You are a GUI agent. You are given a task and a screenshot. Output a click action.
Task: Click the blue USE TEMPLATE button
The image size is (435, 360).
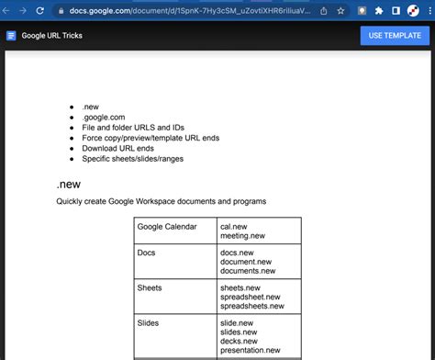395,36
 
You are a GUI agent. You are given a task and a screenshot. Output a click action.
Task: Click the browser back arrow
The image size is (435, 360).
7,11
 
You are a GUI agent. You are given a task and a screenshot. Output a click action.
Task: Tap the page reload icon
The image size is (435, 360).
41,11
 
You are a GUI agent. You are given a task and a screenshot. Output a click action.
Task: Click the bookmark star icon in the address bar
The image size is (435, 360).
341,11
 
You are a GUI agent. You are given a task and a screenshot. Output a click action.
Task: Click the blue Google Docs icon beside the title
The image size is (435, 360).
11,36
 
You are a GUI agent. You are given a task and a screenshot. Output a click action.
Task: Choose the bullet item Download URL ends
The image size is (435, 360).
117,148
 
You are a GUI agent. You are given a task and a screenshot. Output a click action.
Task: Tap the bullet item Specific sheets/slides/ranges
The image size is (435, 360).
134,158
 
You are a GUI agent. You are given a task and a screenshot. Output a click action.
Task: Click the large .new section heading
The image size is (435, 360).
68,184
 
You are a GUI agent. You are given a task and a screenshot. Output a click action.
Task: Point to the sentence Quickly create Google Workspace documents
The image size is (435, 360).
161,201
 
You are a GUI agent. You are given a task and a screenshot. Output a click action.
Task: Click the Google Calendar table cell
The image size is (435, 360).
167,226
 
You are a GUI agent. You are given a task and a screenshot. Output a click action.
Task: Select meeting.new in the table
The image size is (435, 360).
242,236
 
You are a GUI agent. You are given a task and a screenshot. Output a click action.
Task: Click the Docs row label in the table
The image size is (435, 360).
146,252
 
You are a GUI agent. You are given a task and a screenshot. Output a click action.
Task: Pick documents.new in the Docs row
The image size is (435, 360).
247,271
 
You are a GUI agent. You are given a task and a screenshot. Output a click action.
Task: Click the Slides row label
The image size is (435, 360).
149,322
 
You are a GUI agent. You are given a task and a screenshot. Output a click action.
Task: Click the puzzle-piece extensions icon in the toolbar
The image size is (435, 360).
379,11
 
